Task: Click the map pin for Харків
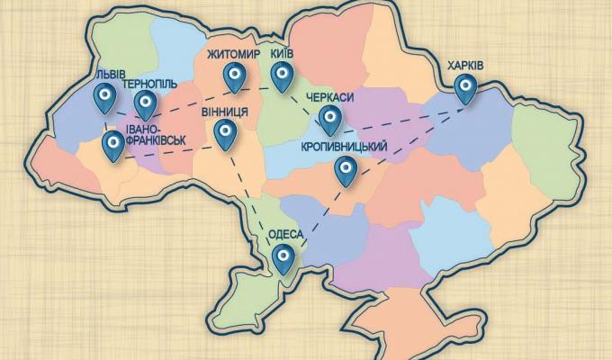tap(465, 87)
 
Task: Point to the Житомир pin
tap(236, 77)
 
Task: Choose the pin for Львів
tap(104, 96)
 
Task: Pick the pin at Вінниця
tap(225, 134)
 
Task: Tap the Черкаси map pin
tap(329, 118)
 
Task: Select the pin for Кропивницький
tap(345, 170)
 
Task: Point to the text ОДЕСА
tap(285, 236)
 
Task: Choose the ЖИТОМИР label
tap(232, 53)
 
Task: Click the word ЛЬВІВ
tap(96, 72)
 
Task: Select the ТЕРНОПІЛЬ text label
tap(148, 84)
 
